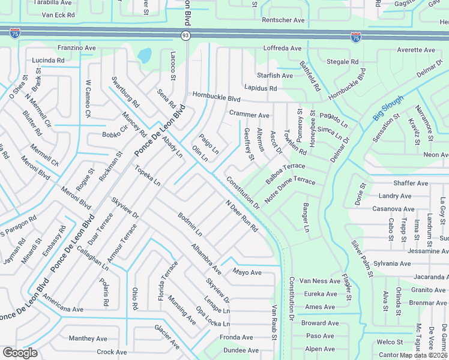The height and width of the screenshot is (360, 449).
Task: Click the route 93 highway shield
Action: [x=186, y=36]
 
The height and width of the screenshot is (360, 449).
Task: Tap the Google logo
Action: [x=20, y=353]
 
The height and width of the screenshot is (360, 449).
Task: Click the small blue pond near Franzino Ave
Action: [x=144, y=56]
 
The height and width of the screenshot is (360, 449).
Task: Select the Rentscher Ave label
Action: [x=283, y=20]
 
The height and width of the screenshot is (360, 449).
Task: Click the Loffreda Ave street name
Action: [x=282, y=48]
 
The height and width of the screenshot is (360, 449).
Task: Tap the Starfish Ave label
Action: [x=275, y=76]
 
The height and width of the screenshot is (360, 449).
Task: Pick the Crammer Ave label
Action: [x=249, y=114]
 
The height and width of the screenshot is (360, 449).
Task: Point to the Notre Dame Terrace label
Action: [x=289, y=188]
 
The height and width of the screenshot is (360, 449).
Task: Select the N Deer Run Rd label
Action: [x=241, y=216]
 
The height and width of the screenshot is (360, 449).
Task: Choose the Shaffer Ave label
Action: [x=411, y=184]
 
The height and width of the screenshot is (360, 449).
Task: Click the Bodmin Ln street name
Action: [x=190, y=223]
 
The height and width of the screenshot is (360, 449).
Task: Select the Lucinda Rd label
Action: [x=48, y=61]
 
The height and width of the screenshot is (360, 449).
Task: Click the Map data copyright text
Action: [x=423, y=355]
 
